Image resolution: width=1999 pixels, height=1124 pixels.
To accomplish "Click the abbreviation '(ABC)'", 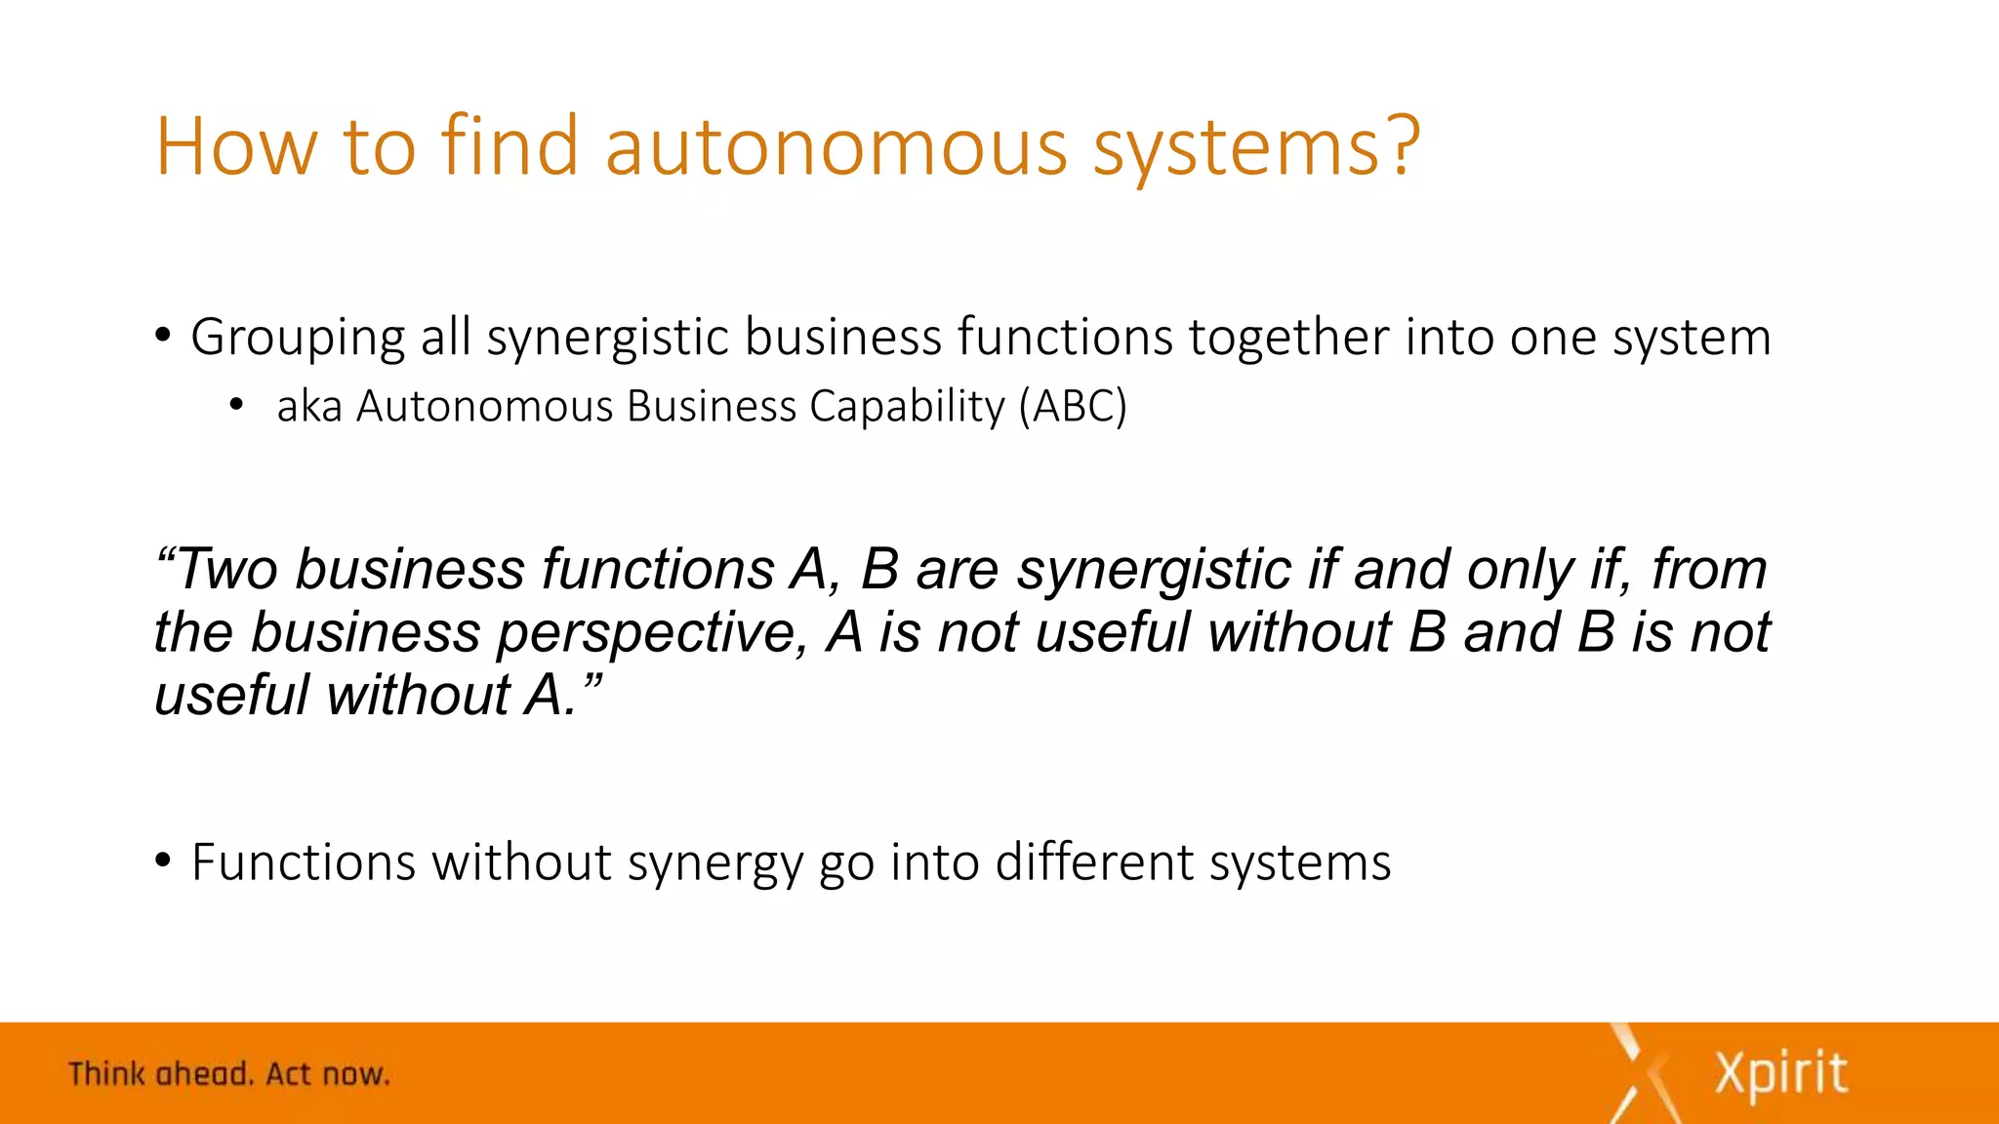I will (1073, 406).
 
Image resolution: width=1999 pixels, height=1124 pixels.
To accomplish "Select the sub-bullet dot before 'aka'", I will (235, 405).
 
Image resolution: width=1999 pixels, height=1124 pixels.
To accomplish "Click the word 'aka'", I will (309, 407).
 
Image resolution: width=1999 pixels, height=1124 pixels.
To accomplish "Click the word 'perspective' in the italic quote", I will (652, 633).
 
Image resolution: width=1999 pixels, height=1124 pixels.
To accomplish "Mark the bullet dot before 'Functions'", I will (163, 862).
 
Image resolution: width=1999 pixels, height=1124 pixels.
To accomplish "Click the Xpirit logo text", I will (1781, 1073).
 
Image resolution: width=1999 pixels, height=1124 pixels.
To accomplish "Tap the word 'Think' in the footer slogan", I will (106, 1074).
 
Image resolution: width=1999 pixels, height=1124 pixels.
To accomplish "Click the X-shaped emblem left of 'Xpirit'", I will (1643, 1073).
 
